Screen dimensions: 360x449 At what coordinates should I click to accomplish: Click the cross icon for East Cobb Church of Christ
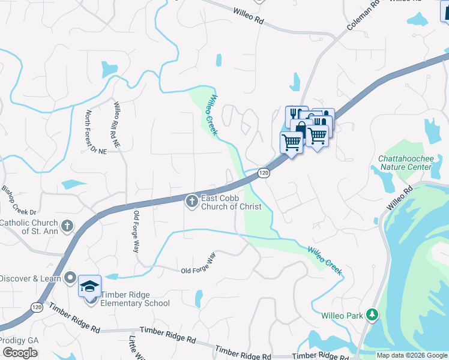pos(192,202)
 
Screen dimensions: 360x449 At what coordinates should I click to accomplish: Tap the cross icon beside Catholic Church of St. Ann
pos(67,226)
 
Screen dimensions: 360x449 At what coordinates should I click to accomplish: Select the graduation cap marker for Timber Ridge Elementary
pos(89,286)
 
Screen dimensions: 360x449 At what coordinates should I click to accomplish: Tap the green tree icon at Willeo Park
pos(372,314)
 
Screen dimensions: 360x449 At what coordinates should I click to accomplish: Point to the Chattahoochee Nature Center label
pos(405,163)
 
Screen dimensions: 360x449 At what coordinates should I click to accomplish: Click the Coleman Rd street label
pos(364,16)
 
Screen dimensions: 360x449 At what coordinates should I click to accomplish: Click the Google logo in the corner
pos(20,353)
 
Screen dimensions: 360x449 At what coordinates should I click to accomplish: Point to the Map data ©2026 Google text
pos(412,355)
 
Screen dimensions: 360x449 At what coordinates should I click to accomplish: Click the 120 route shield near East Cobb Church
pos(263,173)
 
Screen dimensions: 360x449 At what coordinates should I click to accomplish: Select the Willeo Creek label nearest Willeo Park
pos(325,260)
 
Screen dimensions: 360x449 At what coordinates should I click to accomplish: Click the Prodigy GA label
pos(19,340)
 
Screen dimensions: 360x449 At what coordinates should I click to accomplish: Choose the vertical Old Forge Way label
pos(137,232)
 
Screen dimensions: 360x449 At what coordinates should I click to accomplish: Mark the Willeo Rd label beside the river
pos(401,197)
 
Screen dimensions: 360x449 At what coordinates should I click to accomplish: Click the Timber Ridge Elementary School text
pos(135,299)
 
